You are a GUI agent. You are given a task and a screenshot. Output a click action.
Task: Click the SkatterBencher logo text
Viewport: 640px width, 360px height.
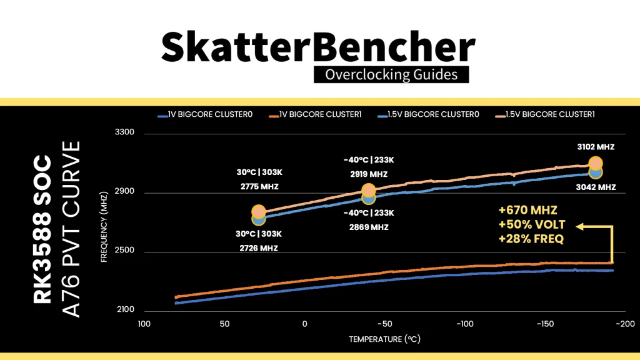tap(319, 47)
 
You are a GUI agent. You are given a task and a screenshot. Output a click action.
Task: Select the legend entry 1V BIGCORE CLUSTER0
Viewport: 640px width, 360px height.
tap(207, 115)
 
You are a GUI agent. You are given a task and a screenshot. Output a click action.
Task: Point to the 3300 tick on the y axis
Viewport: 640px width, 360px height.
tap(126, 133)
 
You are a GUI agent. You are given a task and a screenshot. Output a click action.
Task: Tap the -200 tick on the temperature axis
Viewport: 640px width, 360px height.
tap(625, 324)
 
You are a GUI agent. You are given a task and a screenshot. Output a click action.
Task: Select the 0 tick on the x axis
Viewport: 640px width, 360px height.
tap(305, 324)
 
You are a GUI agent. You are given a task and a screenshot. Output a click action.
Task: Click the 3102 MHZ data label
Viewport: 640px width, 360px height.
tap(596, 147)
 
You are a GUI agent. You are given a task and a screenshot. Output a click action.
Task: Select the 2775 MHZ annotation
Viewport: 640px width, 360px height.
tap(259, 187)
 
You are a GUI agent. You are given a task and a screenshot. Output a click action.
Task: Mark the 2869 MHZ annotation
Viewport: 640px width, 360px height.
tap(369, 227)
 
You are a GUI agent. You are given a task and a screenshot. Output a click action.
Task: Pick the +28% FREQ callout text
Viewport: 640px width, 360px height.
tap(528, 240)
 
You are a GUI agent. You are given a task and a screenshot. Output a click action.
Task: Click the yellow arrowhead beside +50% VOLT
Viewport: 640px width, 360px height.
tap(579, 226)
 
